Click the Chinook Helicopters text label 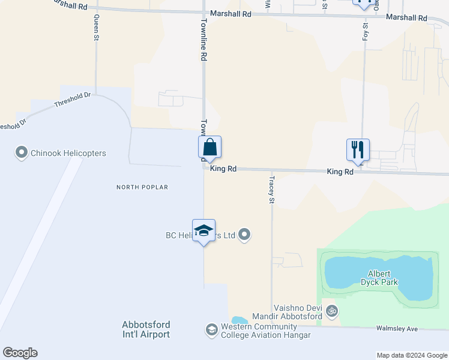coord(69,153)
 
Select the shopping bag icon coord(210,147)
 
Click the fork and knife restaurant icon coord(358,149)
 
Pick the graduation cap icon coord(203,231)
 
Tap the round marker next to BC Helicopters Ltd coord(244,235)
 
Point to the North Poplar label coord(142,187)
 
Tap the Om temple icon coord(332,311)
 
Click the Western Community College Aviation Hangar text coord(265,331)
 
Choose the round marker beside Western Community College coord(211,330)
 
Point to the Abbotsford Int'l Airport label coord(146,329)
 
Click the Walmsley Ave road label coord(396,328)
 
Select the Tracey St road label coord(272,188)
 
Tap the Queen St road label coord(96,28)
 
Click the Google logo coord(20,353)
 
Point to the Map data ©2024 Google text coord(411,355)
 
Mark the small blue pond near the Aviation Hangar coord(238,320)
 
